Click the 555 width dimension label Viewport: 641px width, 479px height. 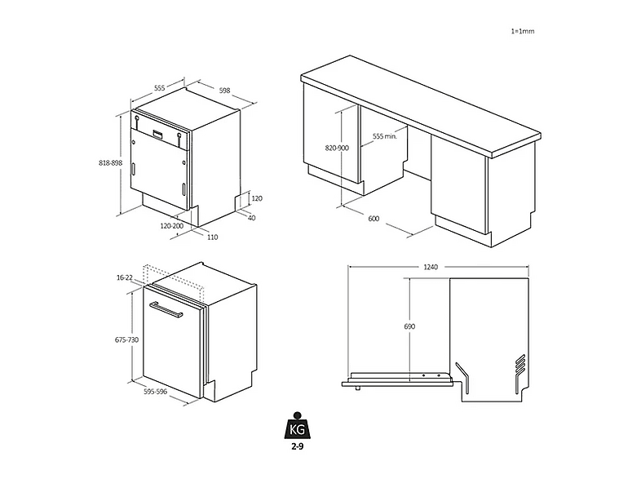[x=159, y=87]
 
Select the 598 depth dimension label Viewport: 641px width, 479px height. [x=224, y=91]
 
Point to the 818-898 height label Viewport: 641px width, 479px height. [x=110, y=163]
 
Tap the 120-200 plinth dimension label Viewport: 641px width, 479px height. [x=172, y=226]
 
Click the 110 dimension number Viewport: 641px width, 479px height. [x=212, y=237]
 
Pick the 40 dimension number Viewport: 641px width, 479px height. [x=252, y=218]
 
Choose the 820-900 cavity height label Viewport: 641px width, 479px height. [x=337, y=148]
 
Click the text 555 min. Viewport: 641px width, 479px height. [x=385, y=136]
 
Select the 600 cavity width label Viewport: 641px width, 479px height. [x=374, y=219]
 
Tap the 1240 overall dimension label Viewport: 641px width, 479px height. [x=431, y=267]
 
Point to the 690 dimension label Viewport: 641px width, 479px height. [x=409, y=326]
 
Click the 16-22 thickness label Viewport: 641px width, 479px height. [x=125, y=277]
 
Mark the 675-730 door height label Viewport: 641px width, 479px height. [x=126, y=339]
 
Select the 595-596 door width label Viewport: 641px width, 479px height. [x=155, y=392]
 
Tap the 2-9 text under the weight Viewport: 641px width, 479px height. [x=297, y=446]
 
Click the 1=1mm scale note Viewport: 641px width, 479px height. [x=523, y=31]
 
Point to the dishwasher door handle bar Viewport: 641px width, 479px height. [x=166, y=309]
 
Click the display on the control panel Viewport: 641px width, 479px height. [x=157, y=134]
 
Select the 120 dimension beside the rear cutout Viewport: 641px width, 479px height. [x=257, y=198]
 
